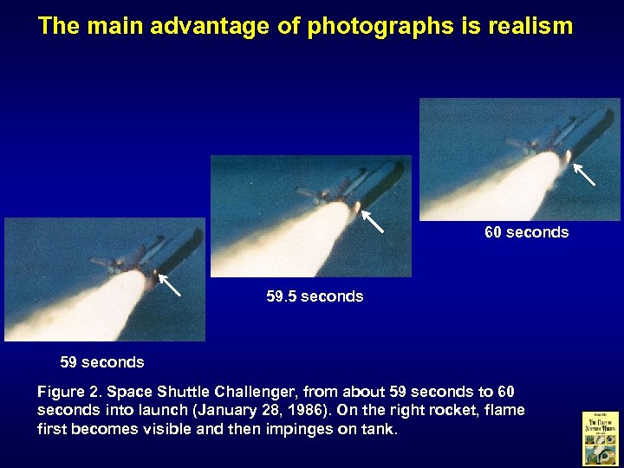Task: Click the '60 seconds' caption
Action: click(526, 232)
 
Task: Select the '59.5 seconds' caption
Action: click(315, 296)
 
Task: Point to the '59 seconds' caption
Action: click(101, 361)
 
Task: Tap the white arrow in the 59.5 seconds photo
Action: click(373, 221)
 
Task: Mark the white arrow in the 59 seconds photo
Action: click(169, 284)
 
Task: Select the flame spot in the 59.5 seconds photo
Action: click(356, 206)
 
